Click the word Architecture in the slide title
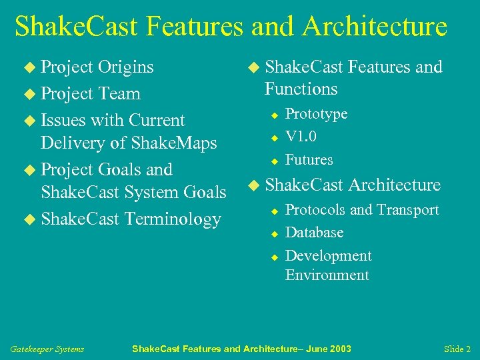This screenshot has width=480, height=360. (x=374, y=27)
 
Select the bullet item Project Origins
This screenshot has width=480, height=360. (x=97, y=67)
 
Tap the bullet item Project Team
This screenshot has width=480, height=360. (x=90, y=94)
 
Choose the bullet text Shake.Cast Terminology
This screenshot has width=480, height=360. (x=131, y=219)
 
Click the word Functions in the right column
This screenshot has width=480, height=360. (x=301, y=89)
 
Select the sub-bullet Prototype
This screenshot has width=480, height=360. (x=316, y=114)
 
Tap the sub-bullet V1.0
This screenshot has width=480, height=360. (x=301, y=137)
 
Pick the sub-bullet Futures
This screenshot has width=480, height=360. (x=309, y=160)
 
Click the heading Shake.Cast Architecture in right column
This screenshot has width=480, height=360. (x=352, y=185)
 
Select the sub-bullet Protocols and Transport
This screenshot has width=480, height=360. (x=361, y=210)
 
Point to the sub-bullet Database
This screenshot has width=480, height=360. (x=314, y=233)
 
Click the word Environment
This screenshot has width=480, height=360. (x=327, y=275)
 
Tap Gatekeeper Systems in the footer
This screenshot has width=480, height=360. (x=47, y=349)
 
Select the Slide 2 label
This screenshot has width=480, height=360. (x=457, y=349)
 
